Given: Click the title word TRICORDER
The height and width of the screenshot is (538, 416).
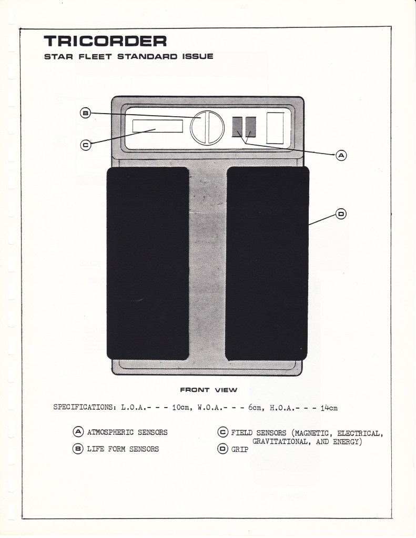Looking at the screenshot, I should click(105, 41).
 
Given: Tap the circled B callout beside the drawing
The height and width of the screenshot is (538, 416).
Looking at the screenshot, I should click(85, 113).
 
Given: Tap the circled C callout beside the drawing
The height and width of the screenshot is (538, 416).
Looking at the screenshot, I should click(85, 146).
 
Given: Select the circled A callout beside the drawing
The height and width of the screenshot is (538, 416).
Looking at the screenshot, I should click(341, 155).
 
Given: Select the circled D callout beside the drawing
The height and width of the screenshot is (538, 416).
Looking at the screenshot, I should click(341, 214).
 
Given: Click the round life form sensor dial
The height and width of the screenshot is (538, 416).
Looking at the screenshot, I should click(206, 127).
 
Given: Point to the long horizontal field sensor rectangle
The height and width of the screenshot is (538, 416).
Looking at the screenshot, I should click(157, 126).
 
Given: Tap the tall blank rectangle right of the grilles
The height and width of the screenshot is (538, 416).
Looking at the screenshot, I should click(275, 128).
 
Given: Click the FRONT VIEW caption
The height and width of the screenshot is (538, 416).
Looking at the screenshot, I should click(208, 390).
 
